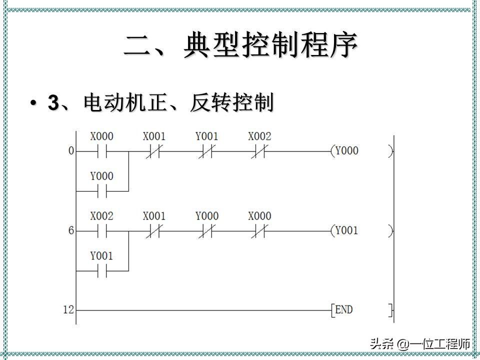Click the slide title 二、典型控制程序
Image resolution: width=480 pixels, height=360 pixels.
tap(240, 45)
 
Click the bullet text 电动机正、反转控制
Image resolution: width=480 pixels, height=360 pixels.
tap(160, 103)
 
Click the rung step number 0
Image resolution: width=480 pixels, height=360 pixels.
tap(71, 150)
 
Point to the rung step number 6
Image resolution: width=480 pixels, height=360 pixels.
tap(71, 230)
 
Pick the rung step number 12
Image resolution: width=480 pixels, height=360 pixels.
tap(68, 310)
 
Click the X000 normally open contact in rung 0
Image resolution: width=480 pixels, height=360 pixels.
tap(101, 150)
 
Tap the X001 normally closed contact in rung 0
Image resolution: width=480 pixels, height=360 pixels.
tap(154, 150)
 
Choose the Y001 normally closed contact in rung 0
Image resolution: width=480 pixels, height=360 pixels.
tap(206, 150)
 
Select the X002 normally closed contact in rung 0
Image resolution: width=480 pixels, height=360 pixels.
tap(259, 150)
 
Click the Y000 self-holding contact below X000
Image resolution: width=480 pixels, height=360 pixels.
tap(101, 190)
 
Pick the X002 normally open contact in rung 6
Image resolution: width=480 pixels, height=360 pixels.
tap(101, 230)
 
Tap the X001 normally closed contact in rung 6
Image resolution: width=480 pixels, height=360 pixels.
tap(154, 230)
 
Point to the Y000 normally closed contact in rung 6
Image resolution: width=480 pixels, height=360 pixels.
tap(206, 230)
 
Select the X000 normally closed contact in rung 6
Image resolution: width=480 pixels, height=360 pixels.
tap(259, 230)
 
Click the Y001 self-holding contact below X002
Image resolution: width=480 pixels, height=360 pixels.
tap(101, 270)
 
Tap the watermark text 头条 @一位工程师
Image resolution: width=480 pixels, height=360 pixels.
tap(420, 344)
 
